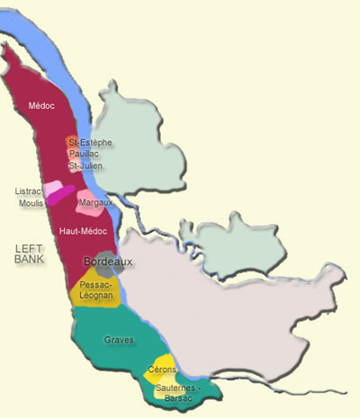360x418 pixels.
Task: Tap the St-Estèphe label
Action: pos(89,143)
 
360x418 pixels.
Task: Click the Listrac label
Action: pos(30,191)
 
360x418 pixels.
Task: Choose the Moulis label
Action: pos(31,203)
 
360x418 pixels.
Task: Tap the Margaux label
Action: pos(95,204)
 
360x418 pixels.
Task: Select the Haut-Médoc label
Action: pos(80,232)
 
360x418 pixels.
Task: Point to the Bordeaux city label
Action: pos(108,262)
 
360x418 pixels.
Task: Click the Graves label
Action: pos(120,341)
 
